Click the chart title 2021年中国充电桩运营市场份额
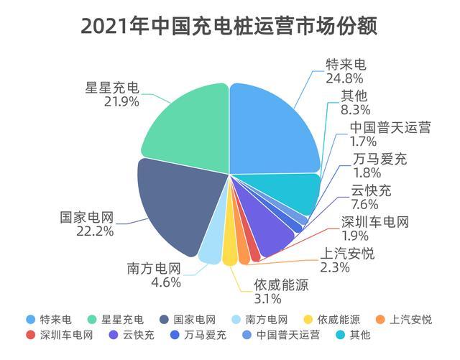click(229, 27)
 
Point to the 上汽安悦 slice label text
click(349, 254)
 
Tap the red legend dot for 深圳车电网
click(29, 335)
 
